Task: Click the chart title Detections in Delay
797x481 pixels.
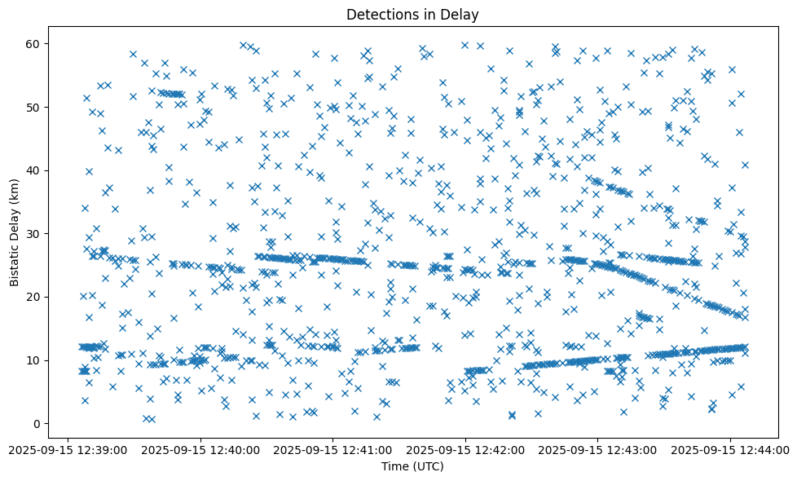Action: (x=412, y=14)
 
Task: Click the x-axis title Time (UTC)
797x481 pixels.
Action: (x=412, y=466)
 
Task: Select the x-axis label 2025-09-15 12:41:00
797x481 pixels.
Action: (x=332, y=449)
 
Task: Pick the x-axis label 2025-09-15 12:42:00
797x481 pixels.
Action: (x=465, y=449)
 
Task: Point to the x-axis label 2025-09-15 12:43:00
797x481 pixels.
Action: (x=598, y=449)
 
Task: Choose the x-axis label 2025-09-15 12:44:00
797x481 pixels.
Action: (x=730, y=449)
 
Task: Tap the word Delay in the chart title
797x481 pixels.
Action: (x=461, y=14)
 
